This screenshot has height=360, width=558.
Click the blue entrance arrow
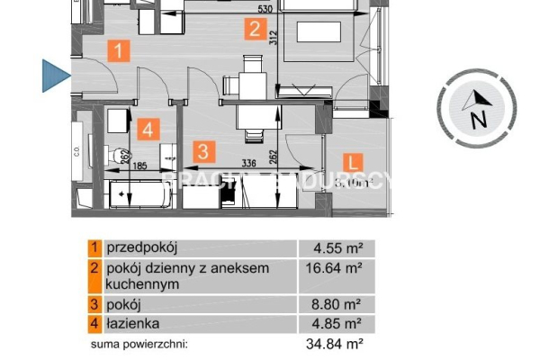56,76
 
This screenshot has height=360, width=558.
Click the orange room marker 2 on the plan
256,31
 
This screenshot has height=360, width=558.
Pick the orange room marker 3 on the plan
205,150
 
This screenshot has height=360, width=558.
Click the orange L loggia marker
354,162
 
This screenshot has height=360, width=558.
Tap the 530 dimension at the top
264,9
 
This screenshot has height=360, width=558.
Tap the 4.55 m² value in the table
338,247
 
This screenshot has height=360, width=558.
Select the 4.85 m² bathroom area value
338,323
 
